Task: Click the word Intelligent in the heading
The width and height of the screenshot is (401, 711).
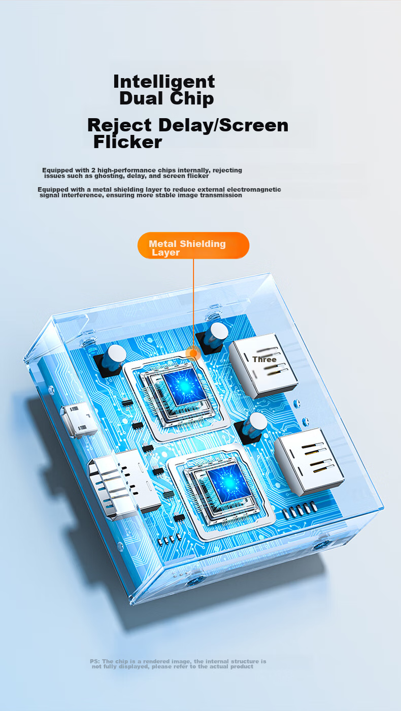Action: pyautogui.click(x=164, y=82)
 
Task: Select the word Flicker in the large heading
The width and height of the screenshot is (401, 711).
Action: pyautogui.click(x=128, y=142)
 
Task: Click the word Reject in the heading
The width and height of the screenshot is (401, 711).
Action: pyautogui.click(x=119, y=126)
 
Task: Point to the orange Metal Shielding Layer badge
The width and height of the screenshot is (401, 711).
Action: pyautogui.click(x=193, y=245)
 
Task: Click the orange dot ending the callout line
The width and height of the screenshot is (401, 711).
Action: pyautogui.click(x=193, y=353)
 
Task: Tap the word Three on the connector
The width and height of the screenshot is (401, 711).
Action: pyautogui.click(x=264, y=360)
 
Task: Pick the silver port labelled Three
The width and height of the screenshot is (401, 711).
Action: pyautogui.click(x=263, y=365)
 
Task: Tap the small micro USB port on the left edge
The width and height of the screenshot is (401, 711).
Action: pyautogui.click(x=79, y=419)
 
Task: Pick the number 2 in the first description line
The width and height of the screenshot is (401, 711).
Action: pyautogui.click(x=93, y=170)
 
